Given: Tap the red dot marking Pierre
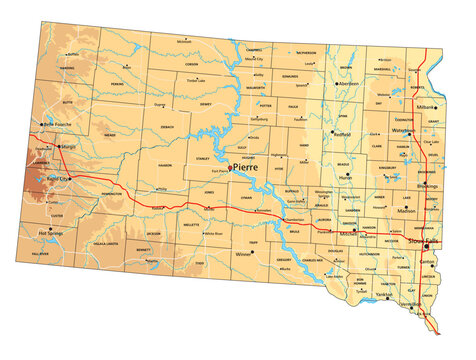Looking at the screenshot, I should click(231, 168).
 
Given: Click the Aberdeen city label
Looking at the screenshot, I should click(349, 83).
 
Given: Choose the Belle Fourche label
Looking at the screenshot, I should click(62, 124).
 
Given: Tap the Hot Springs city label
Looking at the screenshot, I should click(52, 233).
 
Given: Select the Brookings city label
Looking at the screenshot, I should click(427, 186).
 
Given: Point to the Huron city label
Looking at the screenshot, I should click(347, 180).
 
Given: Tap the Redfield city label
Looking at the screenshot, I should click(343, 134).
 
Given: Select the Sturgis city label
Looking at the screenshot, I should click(68, 146).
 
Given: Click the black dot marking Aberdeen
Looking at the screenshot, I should click(337, 83).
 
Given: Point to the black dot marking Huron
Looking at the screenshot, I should click(348, 174).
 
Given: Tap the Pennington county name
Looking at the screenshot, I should click(111, 193).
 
